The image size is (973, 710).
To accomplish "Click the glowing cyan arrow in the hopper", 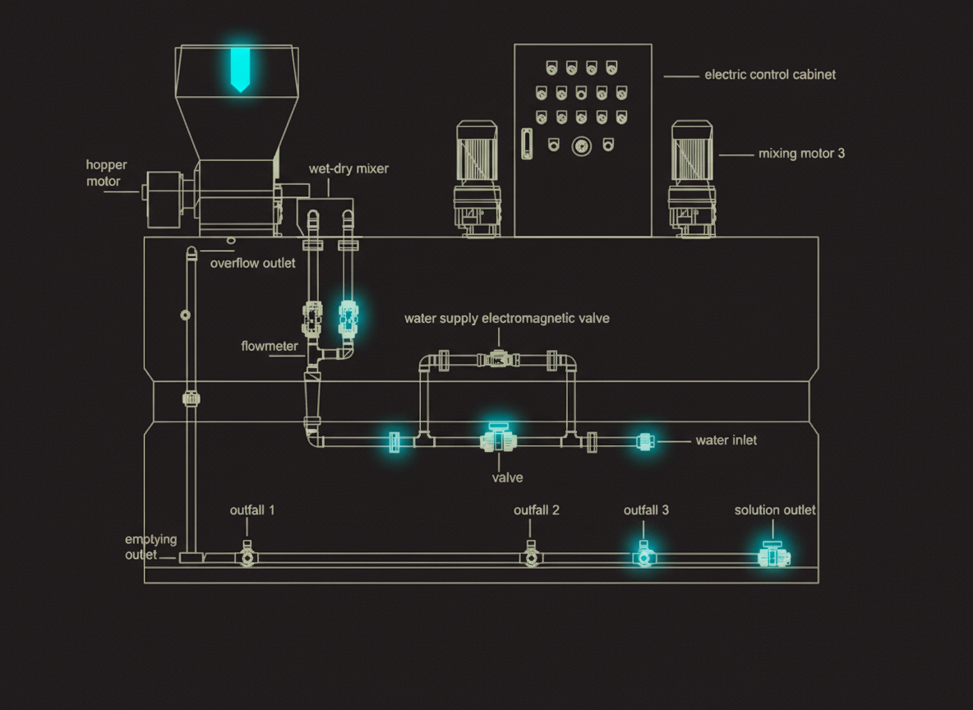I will click(239, 69).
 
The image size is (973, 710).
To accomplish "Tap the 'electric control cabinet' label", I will click(770, 75).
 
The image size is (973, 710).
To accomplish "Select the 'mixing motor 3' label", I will click(801, 154).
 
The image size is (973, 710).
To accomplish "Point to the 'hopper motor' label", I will click(106, 173).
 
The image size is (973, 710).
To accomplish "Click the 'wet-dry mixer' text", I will click(348, 169).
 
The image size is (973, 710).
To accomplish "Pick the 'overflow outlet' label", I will click(252, 264).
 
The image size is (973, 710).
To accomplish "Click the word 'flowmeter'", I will click(270, 346).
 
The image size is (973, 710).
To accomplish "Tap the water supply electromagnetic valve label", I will click(506, 318).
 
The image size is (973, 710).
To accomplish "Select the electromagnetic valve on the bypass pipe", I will click(498, 359).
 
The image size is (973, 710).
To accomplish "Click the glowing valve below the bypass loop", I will click(497, 440).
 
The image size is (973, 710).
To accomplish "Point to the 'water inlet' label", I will click(726, 440).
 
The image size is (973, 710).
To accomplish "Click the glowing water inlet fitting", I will click(646, 441).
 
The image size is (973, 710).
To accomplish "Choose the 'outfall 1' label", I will click(252, 510).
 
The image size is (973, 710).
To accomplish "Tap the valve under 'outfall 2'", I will click(533, 557).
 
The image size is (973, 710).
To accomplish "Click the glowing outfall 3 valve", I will click(644, 556).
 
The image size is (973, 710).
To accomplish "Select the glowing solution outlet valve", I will click(772, 556).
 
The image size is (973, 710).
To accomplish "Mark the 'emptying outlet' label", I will click(150, 546).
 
